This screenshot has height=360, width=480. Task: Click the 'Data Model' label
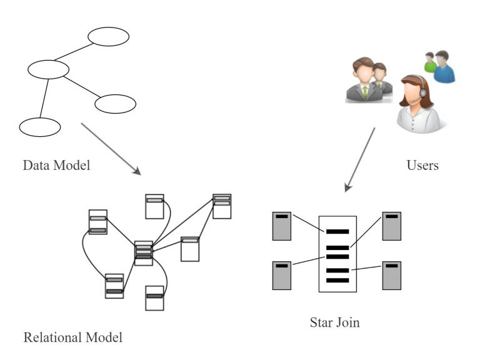[x=56, y=166]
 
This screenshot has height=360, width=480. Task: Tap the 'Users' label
[x=422, y=166]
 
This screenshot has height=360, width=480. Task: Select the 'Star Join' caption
[x=335, y=323]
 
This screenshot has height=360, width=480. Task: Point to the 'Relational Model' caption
[x=73, y=338]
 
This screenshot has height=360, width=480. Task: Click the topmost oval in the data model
[x=108, y=37]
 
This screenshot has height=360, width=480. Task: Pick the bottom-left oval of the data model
[x=39, y=127]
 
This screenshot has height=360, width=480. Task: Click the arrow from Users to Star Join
[x=361, y=159]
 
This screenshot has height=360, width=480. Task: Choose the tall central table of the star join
[x=337, y=254]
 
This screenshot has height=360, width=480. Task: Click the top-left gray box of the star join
[x=282, y=226]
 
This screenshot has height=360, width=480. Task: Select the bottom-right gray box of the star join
[x=392, y=276]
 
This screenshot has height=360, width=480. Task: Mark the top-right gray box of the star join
[x=392, y=226]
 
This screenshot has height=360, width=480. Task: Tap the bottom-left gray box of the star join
[x=282, y=276]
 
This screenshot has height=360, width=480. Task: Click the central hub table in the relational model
[x=144, y=252]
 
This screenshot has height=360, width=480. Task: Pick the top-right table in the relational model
[x=222, y=206]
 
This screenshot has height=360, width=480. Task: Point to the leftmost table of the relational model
[x=97, y=222]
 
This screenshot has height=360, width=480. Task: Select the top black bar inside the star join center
[x=337, y=231]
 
